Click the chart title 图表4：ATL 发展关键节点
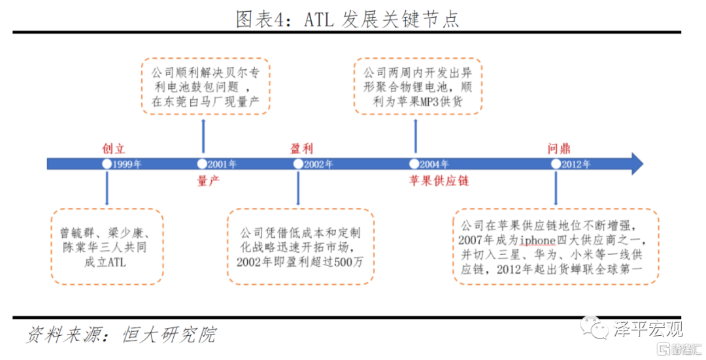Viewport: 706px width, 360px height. pyautogui.click(x=347, y=19)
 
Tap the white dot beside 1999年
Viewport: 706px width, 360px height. pyautogui.click(x=107, y=164)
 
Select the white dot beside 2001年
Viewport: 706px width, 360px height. pyautogui.click(x=202, y=164)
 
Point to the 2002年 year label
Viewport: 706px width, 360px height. pyautogui.click(x=319, y=164)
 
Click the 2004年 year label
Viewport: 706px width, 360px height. pyautogui.click(x=435, y=164)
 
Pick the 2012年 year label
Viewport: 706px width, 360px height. pyautogui.click(x=576, y=164)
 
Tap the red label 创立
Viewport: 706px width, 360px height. pyautogui.click(x=114, y=148)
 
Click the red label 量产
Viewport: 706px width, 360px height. pyautogui.click(x=208, y=181)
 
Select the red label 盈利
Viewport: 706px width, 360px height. pyautogui.click(x=301, y=148)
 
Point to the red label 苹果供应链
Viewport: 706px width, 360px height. pyautogui.click(x=439, y=181)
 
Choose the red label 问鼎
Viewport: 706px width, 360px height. pyautogui.click(x=559, y=148)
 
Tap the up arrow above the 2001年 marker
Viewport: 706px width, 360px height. pyautogui.click(x=203, y=136)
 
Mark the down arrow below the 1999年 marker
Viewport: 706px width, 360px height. pyautogui.click(x=107, y=188)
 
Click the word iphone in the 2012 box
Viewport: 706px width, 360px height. pyautogui.click(x=537, y=240)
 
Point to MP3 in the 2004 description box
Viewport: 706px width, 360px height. pyautogui.click(x=429, y=102)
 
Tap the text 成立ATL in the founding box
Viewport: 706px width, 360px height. pyautogui.click(x=105, y=262)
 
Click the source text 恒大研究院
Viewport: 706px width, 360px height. pyautogui.click(x=169, y=335)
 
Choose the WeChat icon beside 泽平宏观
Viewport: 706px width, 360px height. pyautogui.click(x=594, y=327)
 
